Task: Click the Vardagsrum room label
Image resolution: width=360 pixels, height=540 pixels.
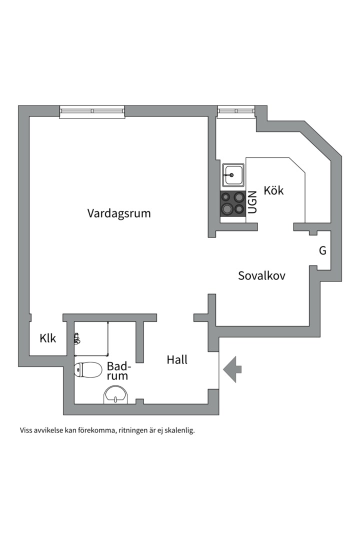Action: [x=119, y=213]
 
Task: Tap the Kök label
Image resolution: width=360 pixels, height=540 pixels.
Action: [x=273, y=190]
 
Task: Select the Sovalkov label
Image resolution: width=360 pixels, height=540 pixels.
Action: [x=261, y=275]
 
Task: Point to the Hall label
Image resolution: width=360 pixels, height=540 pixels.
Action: [x=177, y=359]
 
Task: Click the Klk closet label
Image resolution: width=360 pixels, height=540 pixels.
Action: [x=48, y=338]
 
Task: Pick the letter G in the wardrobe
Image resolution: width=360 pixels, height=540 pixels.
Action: [x=322, y=251]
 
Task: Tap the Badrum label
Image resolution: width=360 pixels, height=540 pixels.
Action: [x=117, y=370]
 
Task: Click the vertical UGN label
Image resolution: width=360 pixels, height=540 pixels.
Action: [x=252, y=202]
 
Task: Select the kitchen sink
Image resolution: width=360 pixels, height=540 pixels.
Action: [x=233, y=175]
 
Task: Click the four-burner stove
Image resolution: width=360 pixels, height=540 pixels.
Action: [x=232, y=203]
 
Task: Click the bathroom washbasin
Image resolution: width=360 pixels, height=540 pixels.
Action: [x=116, y=395]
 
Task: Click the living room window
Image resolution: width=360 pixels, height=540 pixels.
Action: [x=92, y=111]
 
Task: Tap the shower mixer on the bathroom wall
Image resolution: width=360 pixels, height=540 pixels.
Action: [x=76, y=338]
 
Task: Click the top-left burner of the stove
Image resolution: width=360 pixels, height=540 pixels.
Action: [x=226, y=197]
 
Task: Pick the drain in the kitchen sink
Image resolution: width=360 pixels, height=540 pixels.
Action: [x=231, y=175]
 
